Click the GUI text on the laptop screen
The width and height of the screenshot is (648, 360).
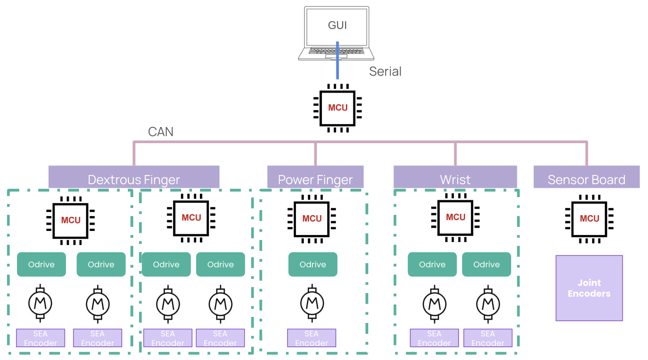click(x=337, y=26)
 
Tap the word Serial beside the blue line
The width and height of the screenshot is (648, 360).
click(x=385, y=72)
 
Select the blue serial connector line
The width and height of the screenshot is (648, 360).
click(x=337, y=68)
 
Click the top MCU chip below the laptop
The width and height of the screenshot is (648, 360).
click(x=338, y=108)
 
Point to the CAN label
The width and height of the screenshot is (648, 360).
click(x=161, y=132)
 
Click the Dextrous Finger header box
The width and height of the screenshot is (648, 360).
click(x=134, y=178)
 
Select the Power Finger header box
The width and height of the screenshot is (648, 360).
click(x=315, y=178)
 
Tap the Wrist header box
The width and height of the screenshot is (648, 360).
click(x=455, y=178)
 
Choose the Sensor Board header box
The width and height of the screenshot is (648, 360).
click(x=586, y=178)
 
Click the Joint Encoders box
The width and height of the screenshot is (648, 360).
click(x=589, y=288)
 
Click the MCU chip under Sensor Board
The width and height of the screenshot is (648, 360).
click(x=589, y=219)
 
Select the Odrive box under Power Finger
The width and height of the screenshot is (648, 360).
click(x=313, y=264)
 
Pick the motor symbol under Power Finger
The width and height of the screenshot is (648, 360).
click(x=312, y=304)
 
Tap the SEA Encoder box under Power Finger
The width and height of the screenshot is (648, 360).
click(x=312, y=338)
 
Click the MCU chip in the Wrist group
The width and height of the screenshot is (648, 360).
click(x=455, y=218)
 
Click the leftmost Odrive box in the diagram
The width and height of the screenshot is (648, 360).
click(x=41, y=264)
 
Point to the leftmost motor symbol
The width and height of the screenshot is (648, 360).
click(x=40, y=304)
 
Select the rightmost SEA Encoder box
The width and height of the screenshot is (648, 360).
click(x=488, y=338)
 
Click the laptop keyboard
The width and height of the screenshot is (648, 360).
click(x=336, y=52)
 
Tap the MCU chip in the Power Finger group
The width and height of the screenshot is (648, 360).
click(x=312, y=219)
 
